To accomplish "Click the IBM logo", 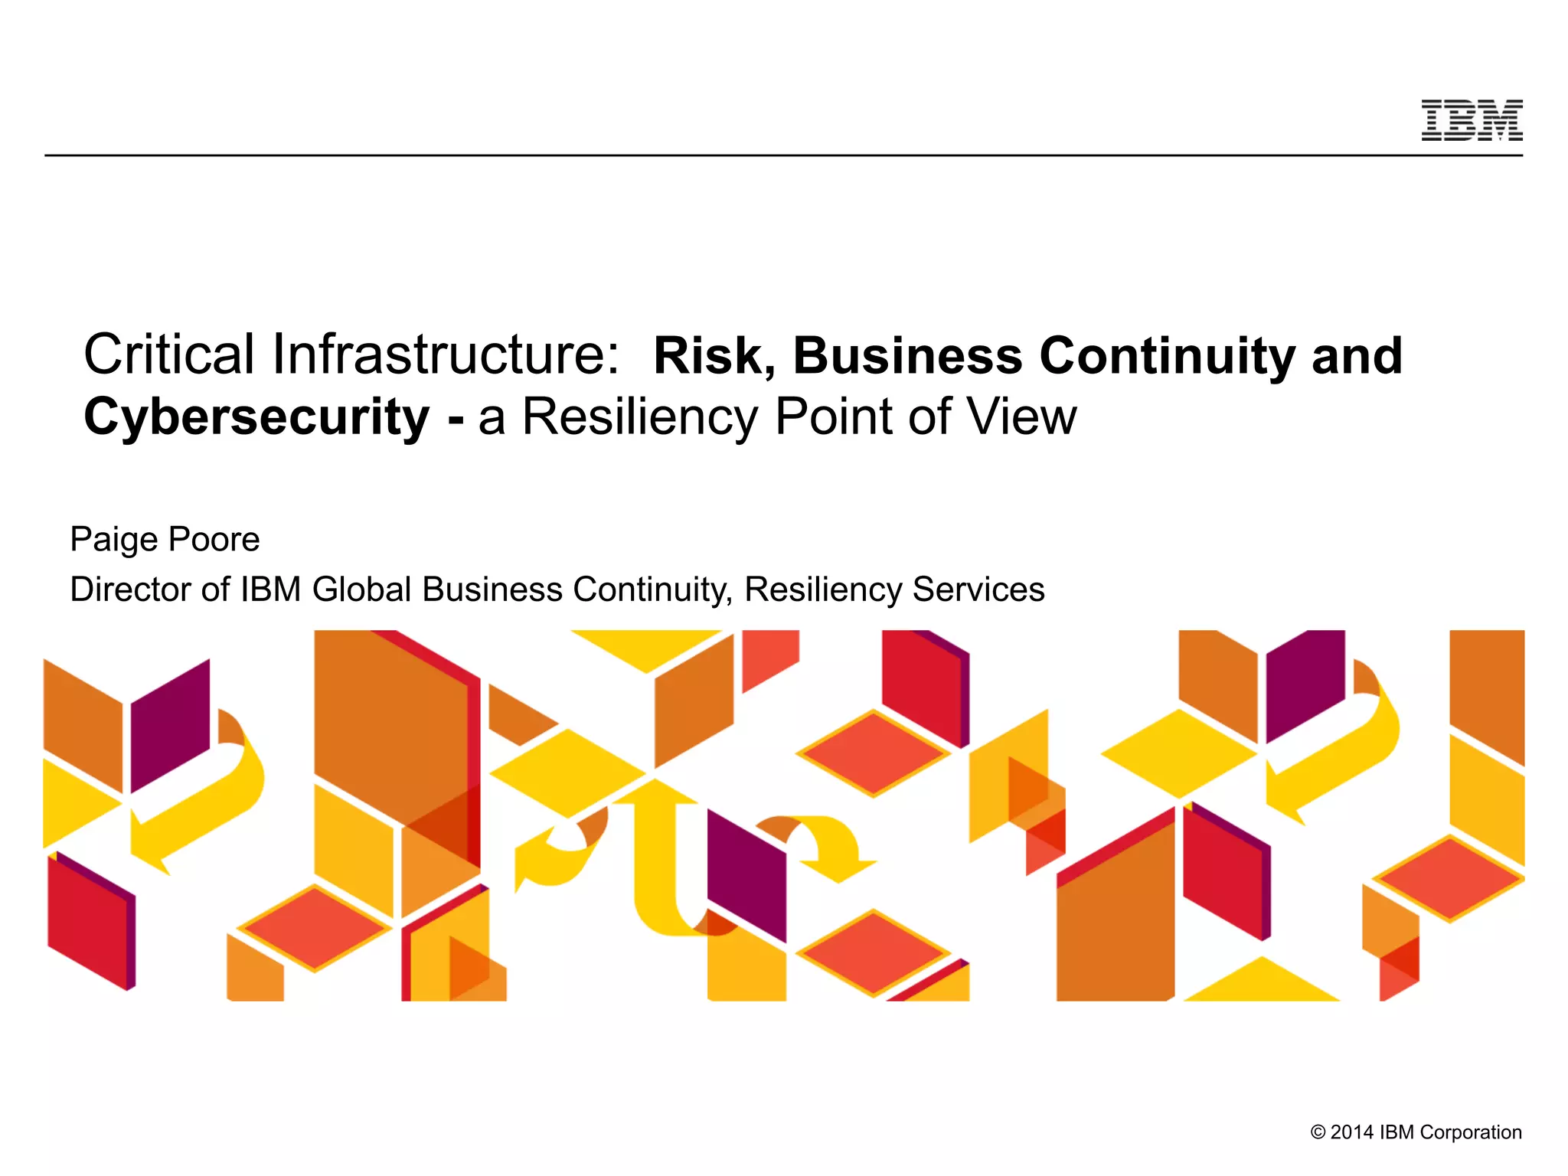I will (x=1472, y=121).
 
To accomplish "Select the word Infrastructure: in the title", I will (x=446, y=355).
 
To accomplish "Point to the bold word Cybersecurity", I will (x=256, y=418).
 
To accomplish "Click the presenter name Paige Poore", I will (x=165, y=540).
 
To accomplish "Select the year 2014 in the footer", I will (x=1351, y=1132).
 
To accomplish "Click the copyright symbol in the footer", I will (x=1318, y=1132).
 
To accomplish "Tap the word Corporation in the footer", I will (x=1475, y=1132).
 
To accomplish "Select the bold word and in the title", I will (x=1357, y=357).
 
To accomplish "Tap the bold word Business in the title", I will (x=907, y=357).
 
